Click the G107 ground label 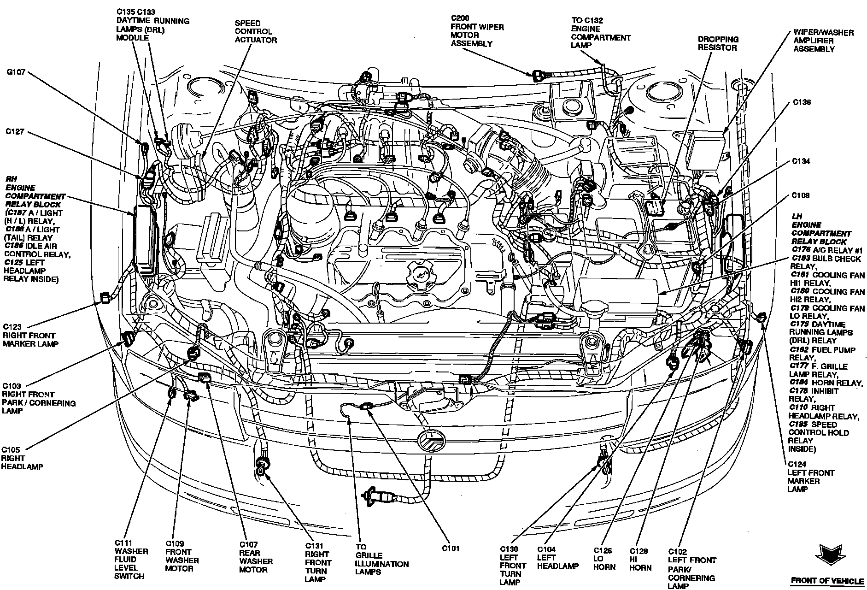point(16,72)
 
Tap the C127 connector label point(15,131)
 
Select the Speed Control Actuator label point(256,31)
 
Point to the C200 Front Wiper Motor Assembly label point(477,31)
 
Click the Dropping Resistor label point(718,43)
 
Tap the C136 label point(802,102)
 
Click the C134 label point(801,161)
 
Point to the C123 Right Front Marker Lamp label point(29,336)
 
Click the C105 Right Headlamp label point(22,458)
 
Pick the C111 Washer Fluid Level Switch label point(131,560)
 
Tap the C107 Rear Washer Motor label point(256,557)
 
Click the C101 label point(451,549)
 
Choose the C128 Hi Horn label point(640,559)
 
